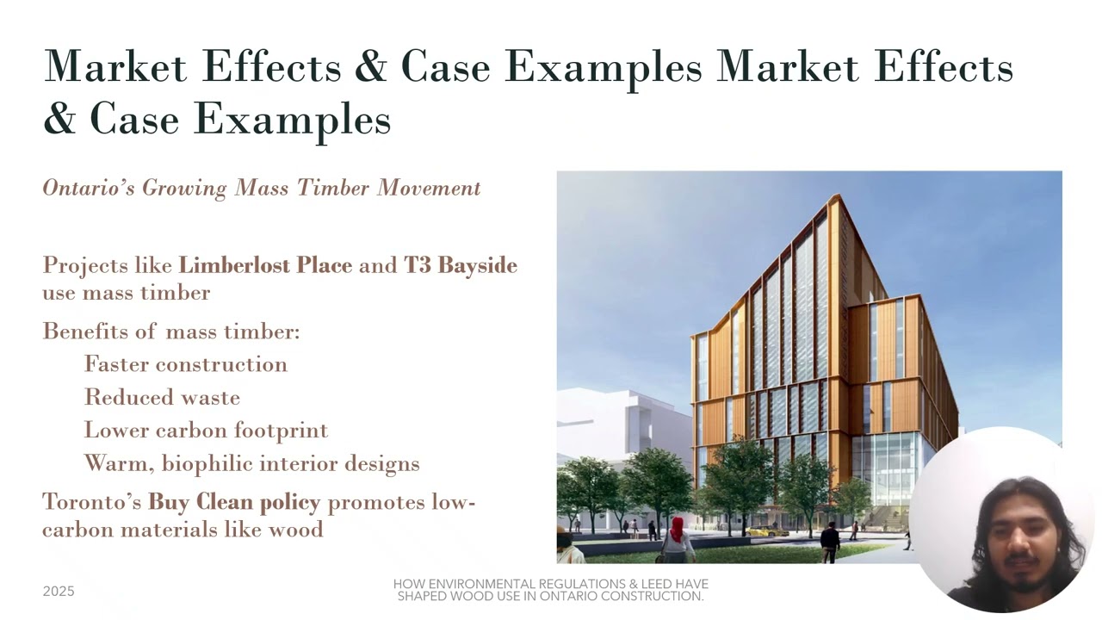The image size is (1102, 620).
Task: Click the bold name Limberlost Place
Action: point(265,264)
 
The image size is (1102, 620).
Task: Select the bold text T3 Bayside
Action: point(461,264)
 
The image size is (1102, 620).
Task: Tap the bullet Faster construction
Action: point(186,364)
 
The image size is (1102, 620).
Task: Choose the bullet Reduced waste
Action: point(162,397)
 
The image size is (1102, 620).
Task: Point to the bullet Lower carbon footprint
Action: point(206,430)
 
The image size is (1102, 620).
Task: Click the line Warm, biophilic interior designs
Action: point(251,463)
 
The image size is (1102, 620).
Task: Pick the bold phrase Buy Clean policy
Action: point(234,501)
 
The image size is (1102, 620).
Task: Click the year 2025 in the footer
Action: point(59,592)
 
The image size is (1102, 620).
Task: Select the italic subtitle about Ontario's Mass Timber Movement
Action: point(262,188)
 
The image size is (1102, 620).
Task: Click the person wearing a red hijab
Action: point(678,538)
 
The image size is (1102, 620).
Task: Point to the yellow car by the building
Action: point(761,530)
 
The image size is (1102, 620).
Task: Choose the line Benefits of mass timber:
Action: point(171,332)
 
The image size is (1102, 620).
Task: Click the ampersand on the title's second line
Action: point(59,118)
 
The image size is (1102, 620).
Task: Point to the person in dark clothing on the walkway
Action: point(830,541)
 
